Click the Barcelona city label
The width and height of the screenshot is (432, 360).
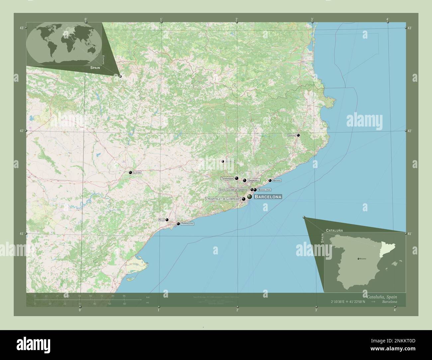pos(268,197)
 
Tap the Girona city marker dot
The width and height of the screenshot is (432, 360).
pos(298,135)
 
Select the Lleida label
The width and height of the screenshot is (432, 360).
pos(137,173)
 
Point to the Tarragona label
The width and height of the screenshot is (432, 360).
pos(187,224)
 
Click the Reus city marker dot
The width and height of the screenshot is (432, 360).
pos(167,220)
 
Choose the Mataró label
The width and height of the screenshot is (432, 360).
pos(277,180)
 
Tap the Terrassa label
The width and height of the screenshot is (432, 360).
pos(227,178)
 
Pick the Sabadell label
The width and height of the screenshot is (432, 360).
pos(254,180)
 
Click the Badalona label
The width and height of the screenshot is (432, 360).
pos(264,190)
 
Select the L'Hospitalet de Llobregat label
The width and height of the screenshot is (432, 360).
pos(223,199)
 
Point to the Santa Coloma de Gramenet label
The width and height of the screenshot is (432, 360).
pos(234,190)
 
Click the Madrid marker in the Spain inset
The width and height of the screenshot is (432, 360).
pos(358,258)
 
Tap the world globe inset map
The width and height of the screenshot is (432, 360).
pos(64,43)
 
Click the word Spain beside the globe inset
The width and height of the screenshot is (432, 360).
pos(95,67)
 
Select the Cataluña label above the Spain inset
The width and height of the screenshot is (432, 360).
pos(334,230)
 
